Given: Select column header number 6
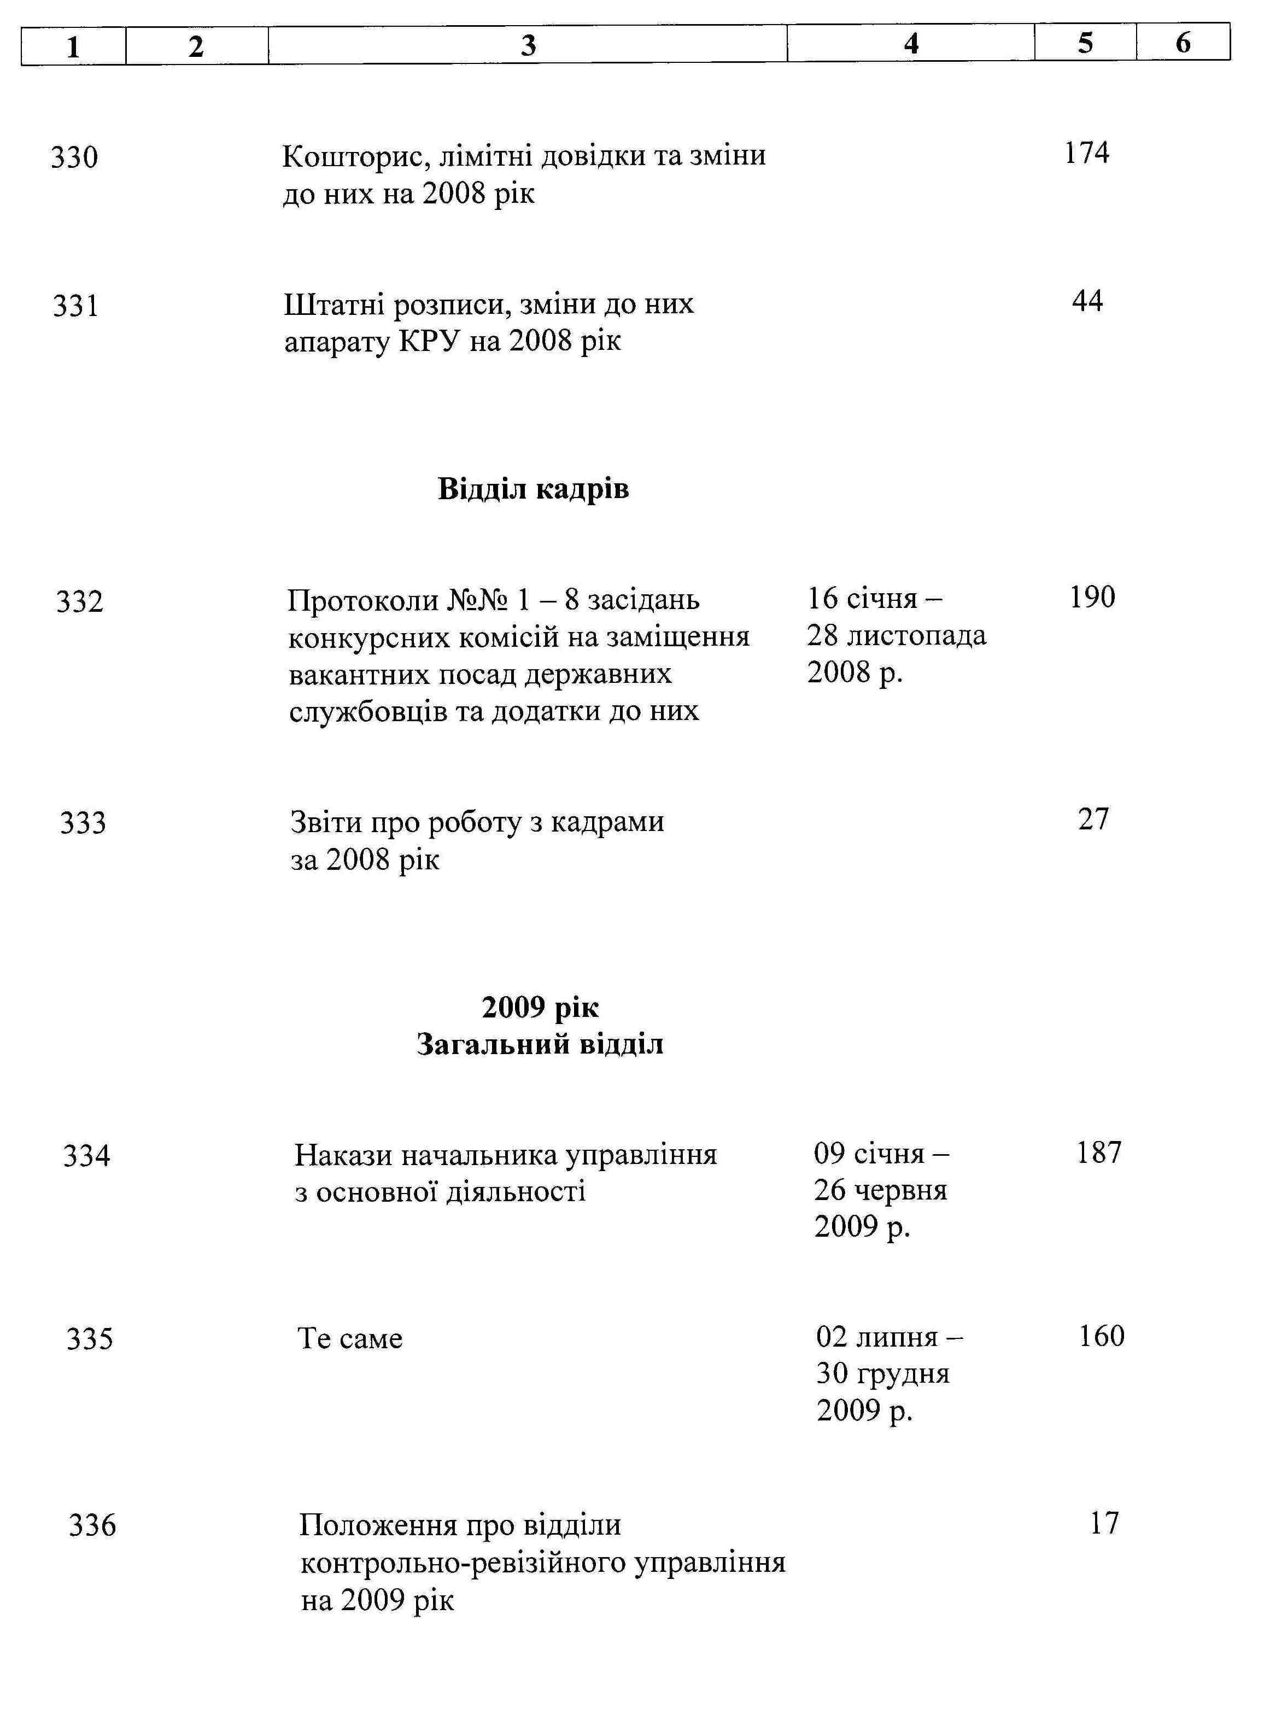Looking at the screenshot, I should click(1183, 43).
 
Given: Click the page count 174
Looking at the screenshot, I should click(1086, 153).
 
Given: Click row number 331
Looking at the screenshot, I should click(76, 307).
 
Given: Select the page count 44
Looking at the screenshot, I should click(1087, 301).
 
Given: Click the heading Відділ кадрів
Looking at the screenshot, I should click(533, 489).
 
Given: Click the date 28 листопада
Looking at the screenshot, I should click(896, 636).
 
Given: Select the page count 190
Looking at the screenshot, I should click(1092, 598).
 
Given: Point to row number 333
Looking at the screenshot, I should click(83, 823).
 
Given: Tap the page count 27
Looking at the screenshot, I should click(1093, 820).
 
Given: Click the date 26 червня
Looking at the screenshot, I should click(880, 1191).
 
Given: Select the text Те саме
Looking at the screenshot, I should click(350, 1339).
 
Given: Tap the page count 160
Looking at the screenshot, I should click(1101, 1336).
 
